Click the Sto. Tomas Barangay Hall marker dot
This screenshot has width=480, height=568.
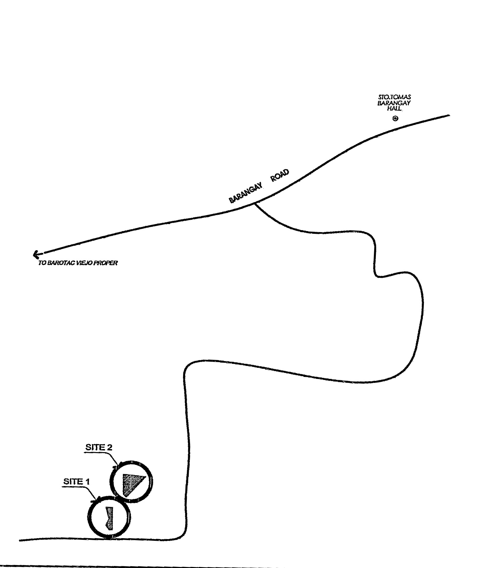395,118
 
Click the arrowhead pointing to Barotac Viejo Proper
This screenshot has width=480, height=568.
36,255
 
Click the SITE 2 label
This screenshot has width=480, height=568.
98,447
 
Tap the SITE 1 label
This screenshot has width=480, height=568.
77,481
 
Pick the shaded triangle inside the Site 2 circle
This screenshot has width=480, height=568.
133,484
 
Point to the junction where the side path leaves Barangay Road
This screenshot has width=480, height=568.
255,203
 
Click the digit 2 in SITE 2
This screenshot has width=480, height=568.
109,447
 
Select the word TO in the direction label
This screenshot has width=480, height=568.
42,263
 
